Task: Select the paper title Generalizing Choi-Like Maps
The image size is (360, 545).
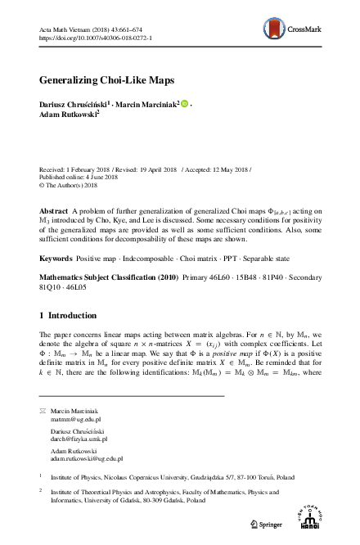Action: click(106, 81)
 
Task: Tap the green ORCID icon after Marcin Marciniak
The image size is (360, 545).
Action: click(184, 104)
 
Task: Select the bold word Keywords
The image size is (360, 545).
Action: click(56, 235)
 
